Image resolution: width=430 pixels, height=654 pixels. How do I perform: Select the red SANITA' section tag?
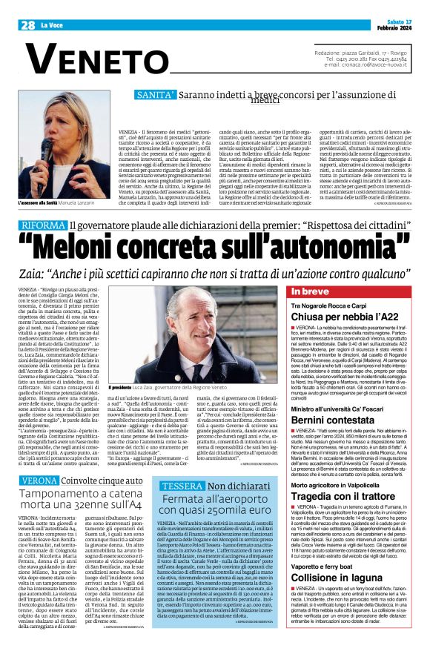coord(156,95)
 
